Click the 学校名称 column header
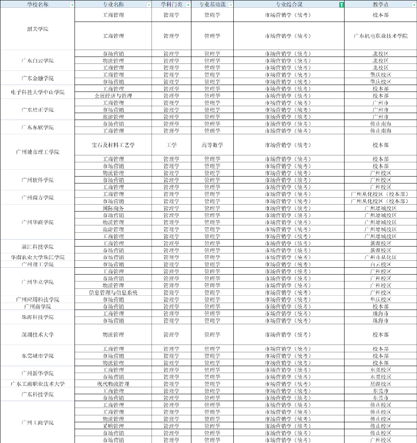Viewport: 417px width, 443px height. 37,4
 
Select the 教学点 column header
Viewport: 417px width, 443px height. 380,4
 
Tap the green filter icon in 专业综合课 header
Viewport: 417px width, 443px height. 341,4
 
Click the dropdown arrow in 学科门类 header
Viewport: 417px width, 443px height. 188,4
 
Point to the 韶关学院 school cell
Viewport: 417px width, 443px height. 37,29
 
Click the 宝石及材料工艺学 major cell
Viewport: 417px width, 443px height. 113,145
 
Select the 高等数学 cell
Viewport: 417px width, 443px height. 212,145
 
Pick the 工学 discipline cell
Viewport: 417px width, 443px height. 171,145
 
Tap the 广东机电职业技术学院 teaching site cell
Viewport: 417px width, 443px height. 380,36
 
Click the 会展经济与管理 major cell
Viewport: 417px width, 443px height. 113,96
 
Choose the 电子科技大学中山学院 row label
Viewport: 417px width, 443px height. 37,92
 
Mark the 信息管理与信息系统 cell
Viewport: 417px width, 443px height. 113,292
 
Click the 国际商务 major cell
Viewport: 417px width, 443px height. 113,208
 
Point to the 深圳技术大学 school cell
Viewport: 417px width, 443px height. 37,334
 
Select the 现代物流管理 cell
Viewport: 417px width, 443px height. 113,384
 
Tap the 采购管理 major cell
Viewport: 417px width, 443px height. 113,426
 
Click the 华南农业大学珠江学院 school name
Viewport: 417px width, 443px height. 37,257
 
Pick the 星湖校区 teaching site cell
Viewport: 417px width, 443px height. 380,384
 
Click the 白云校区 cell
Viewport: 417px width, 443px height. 380,264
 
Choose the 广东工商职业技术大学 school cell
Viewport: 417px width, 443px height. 37,384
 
